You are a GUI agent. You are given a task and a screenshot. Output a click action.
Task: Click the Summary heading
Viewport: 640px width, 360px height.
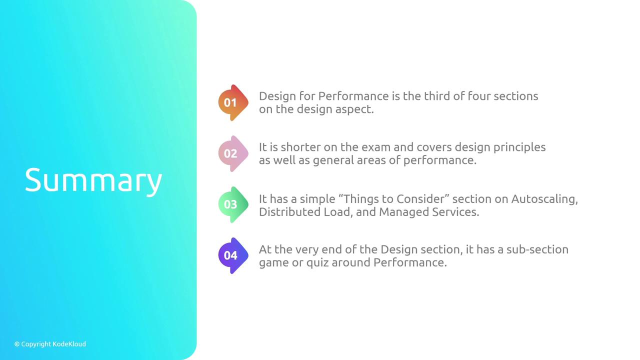point(93,180)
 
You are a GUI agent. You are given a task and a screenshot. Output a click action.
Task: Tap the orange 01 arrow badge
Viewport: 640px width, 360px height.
point(233,102)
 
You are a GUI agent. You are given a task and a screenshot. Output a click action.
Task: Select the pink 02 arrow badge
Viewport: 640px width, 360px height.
point(233,153)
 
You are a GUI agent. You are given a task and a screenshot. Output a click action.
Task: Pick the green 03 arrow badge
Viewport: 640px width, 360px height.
point(233,204)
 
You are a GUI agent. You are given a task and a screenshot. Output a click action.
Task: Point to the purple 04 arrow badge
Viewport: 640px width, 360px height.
point(233,255)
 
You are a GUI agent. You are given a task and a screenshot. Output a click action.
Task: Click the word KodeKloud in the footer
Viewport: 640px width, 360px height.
point(69,344)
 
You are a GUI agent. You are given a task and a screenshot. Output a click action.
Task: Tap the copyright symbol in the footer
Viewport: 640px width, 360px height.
point(17,344)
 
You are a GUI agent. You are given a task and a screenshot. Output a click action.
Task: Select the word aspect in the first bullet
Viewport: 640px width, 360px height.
point(354,109)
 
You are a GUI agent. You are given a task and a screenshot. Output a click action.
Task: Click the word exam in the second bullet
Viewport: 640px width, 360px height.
point(376,147)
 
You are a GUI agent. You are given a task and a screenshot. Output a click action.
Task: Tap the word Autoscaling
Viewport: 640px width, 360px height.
point(544,199)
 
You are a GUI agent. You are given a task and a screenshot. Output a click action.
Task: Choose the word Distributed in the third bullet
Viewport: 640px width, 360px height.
point(289,212)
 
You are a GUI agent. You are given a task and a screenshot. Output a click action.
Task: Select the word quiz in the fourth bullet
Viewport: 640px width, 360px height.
point(317,263)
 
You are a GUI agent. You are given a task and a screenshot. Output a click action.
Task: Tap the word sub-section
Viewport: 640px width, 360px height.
point(537,249)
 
